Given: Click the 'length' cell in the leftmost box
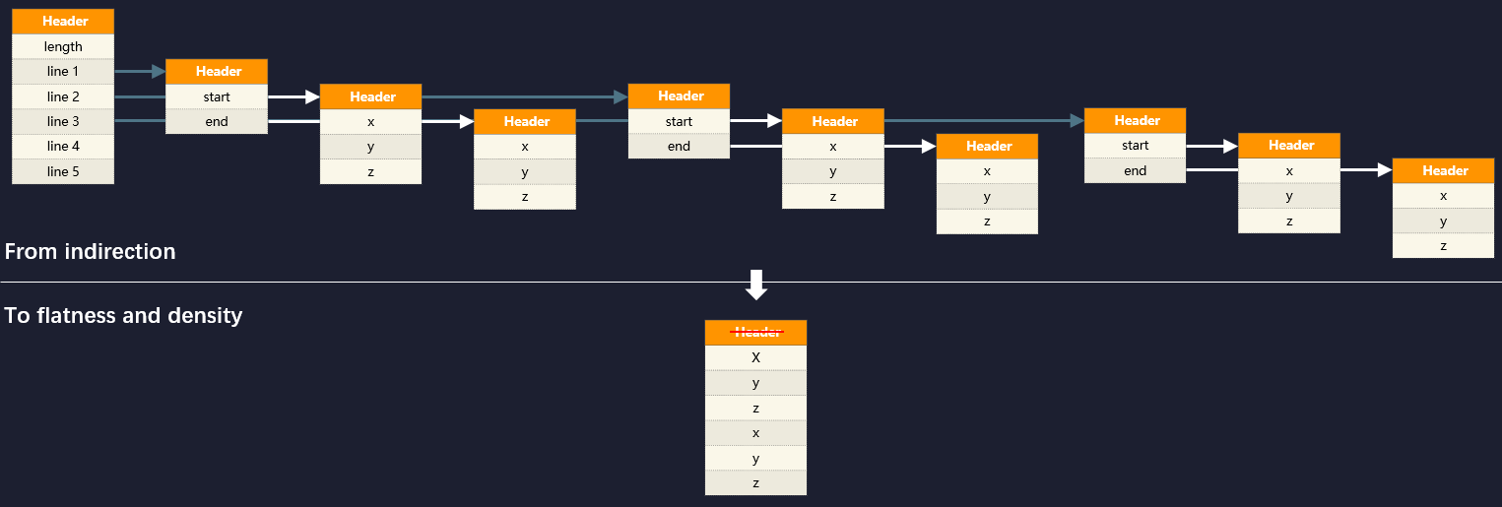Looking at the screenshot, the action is (63, 46).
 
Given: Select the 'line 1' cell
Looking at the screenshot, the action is (63, 71).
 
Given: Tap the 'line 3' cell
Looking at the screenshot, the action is (63, 121).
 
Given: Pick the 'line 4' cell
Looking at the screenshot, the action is (63, 147).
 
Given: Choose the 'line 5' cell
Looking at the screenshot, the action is (63, 171).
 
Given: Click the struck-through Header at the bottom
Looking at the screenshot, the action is (755, 332).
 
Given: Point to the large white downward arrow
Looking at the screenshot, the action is (756, 285).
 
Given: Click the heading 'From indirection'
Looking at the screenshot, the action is (90, 251).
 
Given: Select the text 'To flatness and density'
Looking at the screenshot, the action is (123, 315).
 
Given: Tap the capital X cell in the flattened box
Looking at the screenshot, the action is (755, 357).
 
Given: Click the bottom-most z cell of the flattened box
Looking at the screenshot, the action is (755, 482).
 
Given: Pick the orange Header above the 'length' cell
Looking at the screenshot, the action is (63, 22).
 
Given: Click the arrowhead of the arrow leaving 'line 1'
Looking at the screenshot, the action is (159, 71).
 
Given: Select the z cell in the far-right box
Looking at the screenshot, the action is (1443, 246).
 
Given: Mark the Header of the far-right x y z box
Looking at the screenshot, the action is (1443, 170).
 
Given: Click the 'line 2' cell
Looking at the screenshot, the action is (63, 96).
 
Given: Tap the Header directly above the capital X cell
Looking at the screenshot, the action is (755, 332).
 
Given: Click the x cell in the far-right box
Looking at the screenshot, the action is (1443, 196).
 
